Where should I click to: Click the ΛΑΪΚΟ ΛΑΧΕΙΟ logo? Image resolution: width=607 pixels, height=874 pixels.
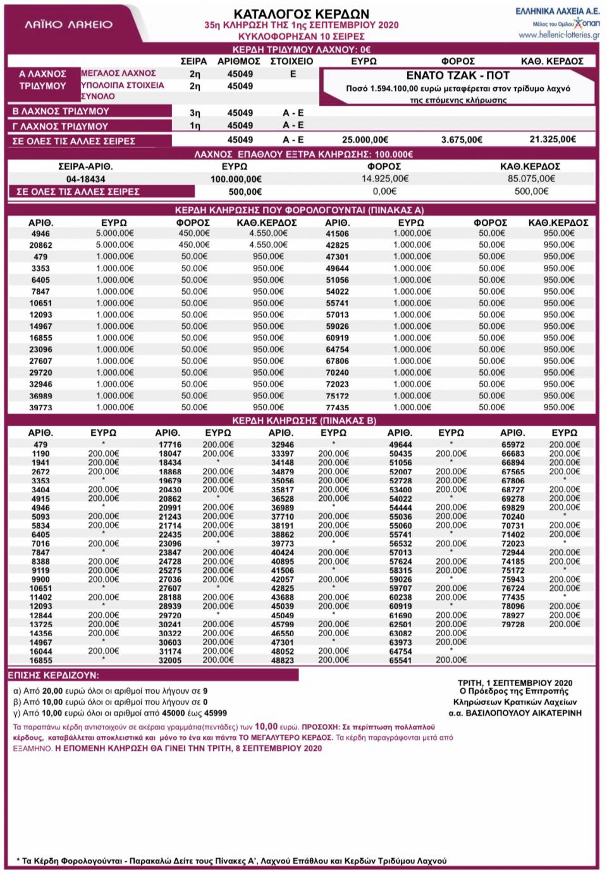click(x=68, y=25)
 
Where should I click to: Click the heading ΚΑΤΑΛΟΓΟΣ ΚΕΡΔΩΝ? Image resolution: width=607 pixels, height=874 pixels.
click(x=302, y=13)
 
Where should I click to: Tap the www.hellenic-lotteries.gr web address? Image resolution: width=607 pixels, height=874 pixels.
click(x=558, y=35)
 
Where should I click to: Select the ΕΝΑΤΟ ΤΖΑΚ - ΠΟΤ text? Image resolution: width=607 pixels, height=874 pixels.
click(x=458, y=75)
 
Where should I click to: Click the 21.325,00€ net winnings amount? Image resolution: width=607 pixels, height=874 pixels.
click(x=552, y=140)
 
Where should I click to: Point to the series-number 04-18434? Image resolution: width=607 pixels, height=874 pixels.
click(x=85, y=179)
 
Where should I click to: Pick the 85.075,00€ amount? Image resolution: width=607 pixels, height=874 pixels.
click(x=531, y=179)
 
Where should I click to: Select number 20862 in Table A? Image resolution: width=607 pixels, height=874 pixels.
click(x=40, y=245)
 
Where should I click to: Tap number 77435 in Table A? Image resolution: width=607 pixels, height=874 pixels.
click(x=337, y=408)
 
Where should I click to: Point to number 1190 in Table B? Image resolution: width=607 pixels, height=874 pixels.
click(x=40, y=454)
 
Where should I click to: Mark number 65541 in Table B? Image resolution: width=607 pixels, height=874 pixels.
click(x=400, y=660)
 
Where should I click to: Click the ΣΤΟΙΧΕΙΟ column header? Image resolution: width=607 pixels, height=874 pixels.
click(x=291, y=61)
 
